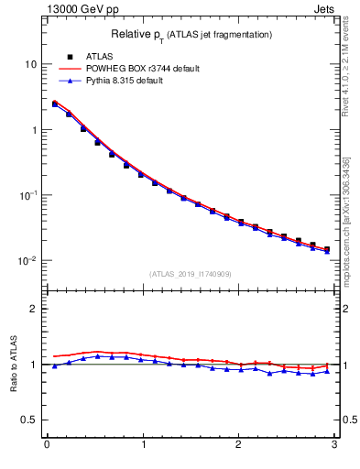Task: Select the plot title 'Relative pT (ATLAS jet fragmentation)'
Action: coord(191,34)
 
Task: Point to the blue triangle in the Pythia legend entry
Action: coord(70,81)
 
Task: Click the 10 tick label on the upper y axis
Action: coord(29,64)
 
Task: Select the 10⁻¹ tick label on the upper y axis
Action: coord(27,195)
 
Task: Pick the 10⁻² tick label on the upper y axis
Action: coord(27,261)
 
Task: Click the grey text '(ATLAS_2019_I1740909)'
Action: coord(191,273)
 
